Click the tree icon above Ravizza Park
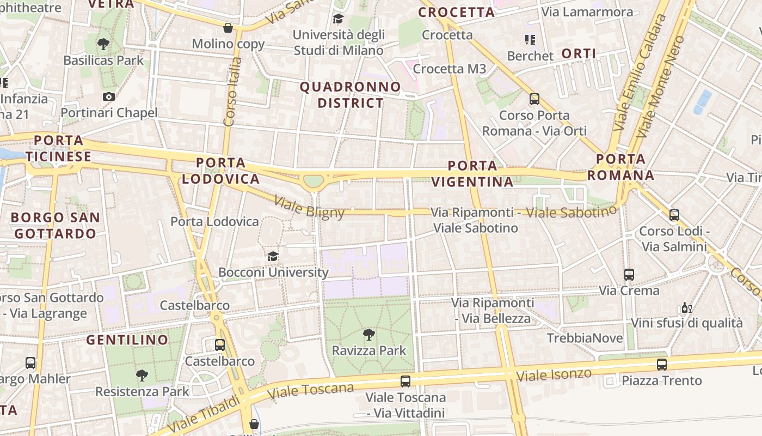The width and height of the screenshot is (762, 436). tap(369, 334)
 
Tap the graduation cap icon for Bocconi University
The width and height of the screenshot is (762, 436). tap(273, 256)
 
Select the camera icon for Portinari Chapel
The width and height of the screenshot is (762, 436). tap(109, 97)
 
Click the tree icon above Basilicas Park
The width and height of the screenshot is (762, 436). tap(103, 44)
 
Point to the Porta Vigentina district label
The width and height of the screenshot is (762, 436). tap(472, 173)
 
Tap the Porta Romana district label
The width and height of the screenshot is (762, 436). tap(620, 167)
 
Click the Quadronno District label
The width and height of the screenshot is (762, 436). tap(351, 95)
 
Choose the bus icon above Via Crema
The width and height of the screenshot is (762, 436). tap(629, 274)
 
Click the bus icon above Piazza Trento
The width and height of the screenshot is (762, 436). tap(662, 364)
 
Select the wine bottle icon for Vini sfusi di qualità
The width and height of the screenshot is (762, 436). tap(686, 308)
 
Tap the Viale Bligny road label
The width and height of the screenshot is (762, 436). tap(309, 207)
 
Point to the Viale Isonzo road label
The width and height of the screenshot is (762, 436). tap(554, 375)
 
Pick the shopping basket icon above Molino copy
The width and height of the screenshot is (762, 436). tap(228, 28)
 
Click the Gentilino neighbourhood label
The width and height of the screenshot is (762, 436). tap(127, 340)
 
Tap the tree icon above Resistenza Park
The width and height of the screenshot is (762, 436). tap(142, 375)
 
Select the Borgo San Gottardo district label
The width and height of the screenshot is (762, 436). tap(56, 226)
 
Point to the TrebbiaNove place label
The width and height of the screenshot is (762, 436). tap(585, 338)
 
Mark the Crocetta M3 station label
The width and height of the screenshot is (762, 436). tap(450, 69)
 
